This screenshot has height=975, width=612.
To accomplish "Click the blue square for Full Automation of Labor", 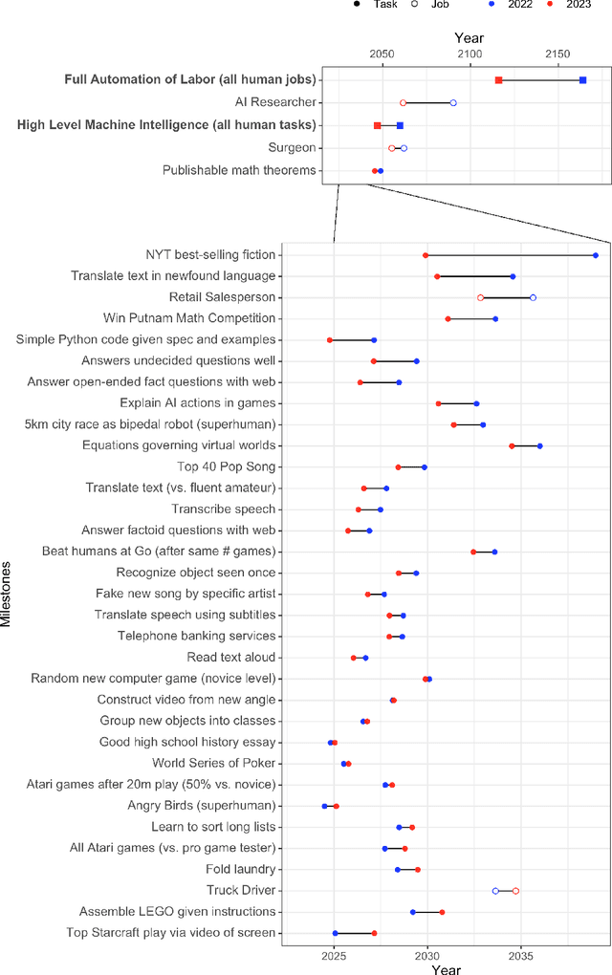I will click(582, 79).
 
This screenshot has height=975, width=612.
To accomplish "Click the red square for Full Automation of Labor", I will click(498, 79).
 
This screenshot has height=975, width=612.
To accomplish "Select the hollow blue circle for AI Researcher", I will click(453, 102).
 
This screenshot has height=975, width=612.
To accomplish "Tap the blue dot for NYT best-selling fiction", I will click(596, 255).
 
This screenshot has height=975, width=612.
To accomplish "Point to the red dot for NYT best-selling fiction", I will click(426, 255).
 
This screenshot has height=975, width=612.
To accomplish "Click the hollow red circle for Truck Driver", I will click(515, 891).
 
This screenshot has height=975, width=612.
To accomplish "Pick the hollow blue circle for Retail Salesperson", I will click(533, 297).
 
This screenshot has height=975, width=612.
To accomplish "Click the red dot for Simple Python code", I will click(330, 339).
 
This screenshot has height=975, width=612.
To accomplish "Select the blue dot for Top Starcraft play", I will click(335, 933).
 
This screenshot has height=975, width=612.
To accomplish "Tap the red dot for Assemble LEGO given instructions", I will click(442, 912).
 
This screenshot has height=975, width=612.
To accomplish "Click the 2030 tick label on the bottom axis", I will click(427, 955).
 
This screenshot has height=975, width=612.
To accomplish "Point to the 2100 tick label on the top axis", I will click(470, 55).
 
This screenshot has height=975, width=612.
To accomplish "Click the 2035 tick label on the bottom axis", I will click(521, 955).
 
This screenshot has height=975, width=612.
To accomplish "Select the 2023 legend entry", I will click(569, 5).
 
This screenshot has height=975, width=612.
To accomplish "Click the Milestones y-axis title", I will click(8, 593).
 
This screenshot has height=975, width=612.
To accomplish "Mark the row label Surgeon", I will click(293, 148).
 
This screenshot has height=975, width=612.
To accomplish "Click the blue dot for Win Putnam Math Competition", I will click(495, 318).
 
